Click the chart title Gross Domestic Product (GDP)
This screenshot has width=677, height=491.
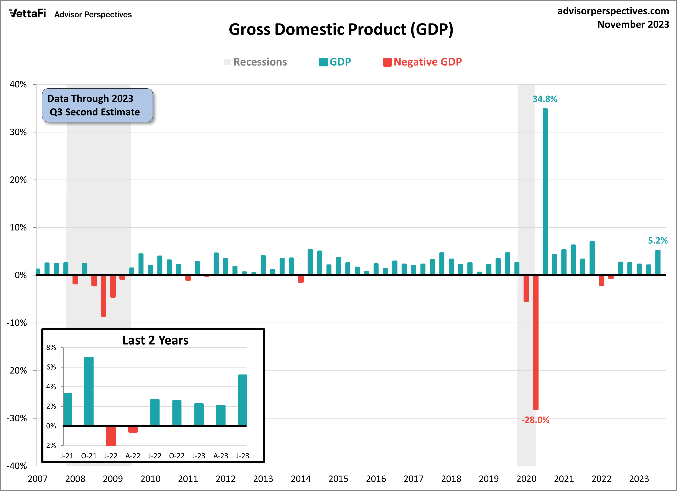tap(341, 30)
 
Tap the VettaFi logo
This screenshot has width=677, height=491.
tap(28, 13)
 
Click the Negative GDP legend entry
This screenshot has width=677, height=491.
tap(423, 62)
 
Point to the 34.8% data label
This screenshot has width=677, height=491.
tap(545, 99)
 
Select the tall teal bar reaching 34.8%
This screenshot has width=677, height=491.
tap(545, 191)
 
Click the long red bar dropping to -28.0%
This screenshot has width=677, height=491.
tap(536, 342)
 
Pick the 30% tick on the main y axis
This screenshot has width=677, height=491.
tap(18, 132)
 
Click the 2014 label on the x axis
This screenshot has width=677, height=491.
tap(301, 479)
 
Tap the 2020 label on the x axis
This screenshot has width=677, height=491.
tap(526, 479)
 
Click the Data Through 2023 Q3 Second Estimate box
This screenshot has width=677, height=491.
tap(97, 105)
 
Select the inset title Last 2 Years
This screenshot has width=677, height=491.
tap(155, 340)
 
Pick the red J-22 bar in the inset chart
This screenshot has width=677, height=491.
tap(111, 436)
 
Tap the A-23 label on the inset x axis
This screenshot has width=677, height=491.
tap(221, 456)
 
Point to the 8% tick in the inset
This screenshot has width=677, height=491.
tap(51, 348)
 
